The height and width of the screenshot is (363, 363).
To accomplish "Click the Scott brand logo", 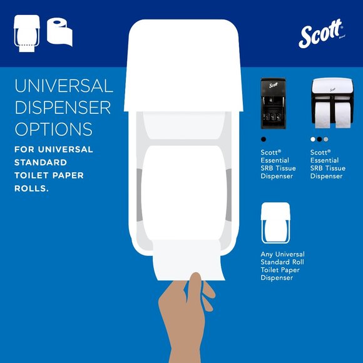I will click(321, 34).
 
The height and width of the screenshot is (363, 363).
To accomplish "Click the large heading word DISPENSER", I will click(63, 108).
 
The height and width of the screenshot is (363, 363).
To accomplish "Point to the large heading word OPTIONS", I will click(53, 130).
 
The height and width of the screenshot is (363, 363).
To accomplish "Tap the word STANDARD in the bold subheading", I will click(39, 163).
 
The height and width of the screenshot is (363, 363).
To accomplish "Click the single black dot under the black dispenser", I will click(263, 139).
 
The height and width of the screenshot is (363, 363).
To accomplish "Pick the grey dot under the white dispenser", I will click(325, 139).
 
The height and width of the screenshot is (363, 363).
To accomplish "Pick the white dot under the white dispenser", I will click(313, 139).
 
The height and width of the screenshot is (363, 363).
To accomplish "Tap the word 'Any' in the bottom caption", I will click(267, 255).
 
